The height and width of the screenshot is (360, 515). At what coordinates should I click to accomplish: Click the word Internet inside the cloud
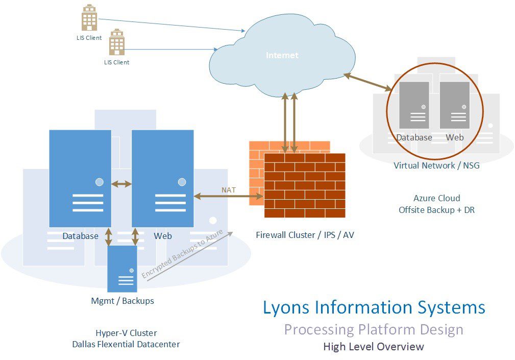click(x=282, y=55)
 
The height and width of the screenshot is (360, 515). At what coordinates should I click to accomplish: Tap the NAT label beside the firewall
click(x=228, y=190)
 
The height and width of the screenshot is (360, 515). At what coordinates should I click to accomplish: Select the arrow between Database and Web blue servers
click(x=121, y=183)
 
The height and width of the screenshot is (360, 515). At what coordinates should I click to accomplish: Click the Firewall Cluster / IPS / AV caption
click(x=305, y=235)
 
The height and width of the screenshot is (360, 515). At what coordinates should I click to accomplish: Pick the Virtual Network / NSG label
click(x=436, y=165)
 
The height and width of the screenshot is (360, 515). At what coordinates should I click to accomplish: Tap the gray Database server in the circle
click(x=414, y=105)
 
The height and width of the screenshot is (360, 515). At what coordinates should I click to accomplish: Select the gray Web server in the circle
click(x=454, y=105)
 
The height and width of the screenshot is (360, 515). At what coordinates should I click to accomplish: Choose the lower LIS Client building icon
click(x=117, y=42)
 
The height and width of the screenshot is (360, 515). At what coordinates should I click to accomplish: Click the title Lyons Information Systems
click(x=374, y=307)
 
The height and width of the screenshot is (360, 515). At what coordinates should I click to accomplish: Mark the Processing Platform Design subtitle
click(x=374, y=329)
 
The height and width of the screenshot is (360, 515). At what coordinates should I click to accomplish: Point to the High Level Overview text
click(x=374, y=347)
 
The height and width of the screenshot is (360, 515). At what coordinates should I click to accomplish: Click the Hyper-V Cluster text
click(x=126, y=333)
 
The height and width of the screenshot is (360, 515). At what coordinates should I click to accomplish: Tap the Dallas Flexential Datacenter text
click(x=126, y=344)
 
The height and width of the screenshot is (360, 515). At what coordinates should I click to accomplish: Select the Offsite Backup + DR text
click(x=436, y=209)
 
